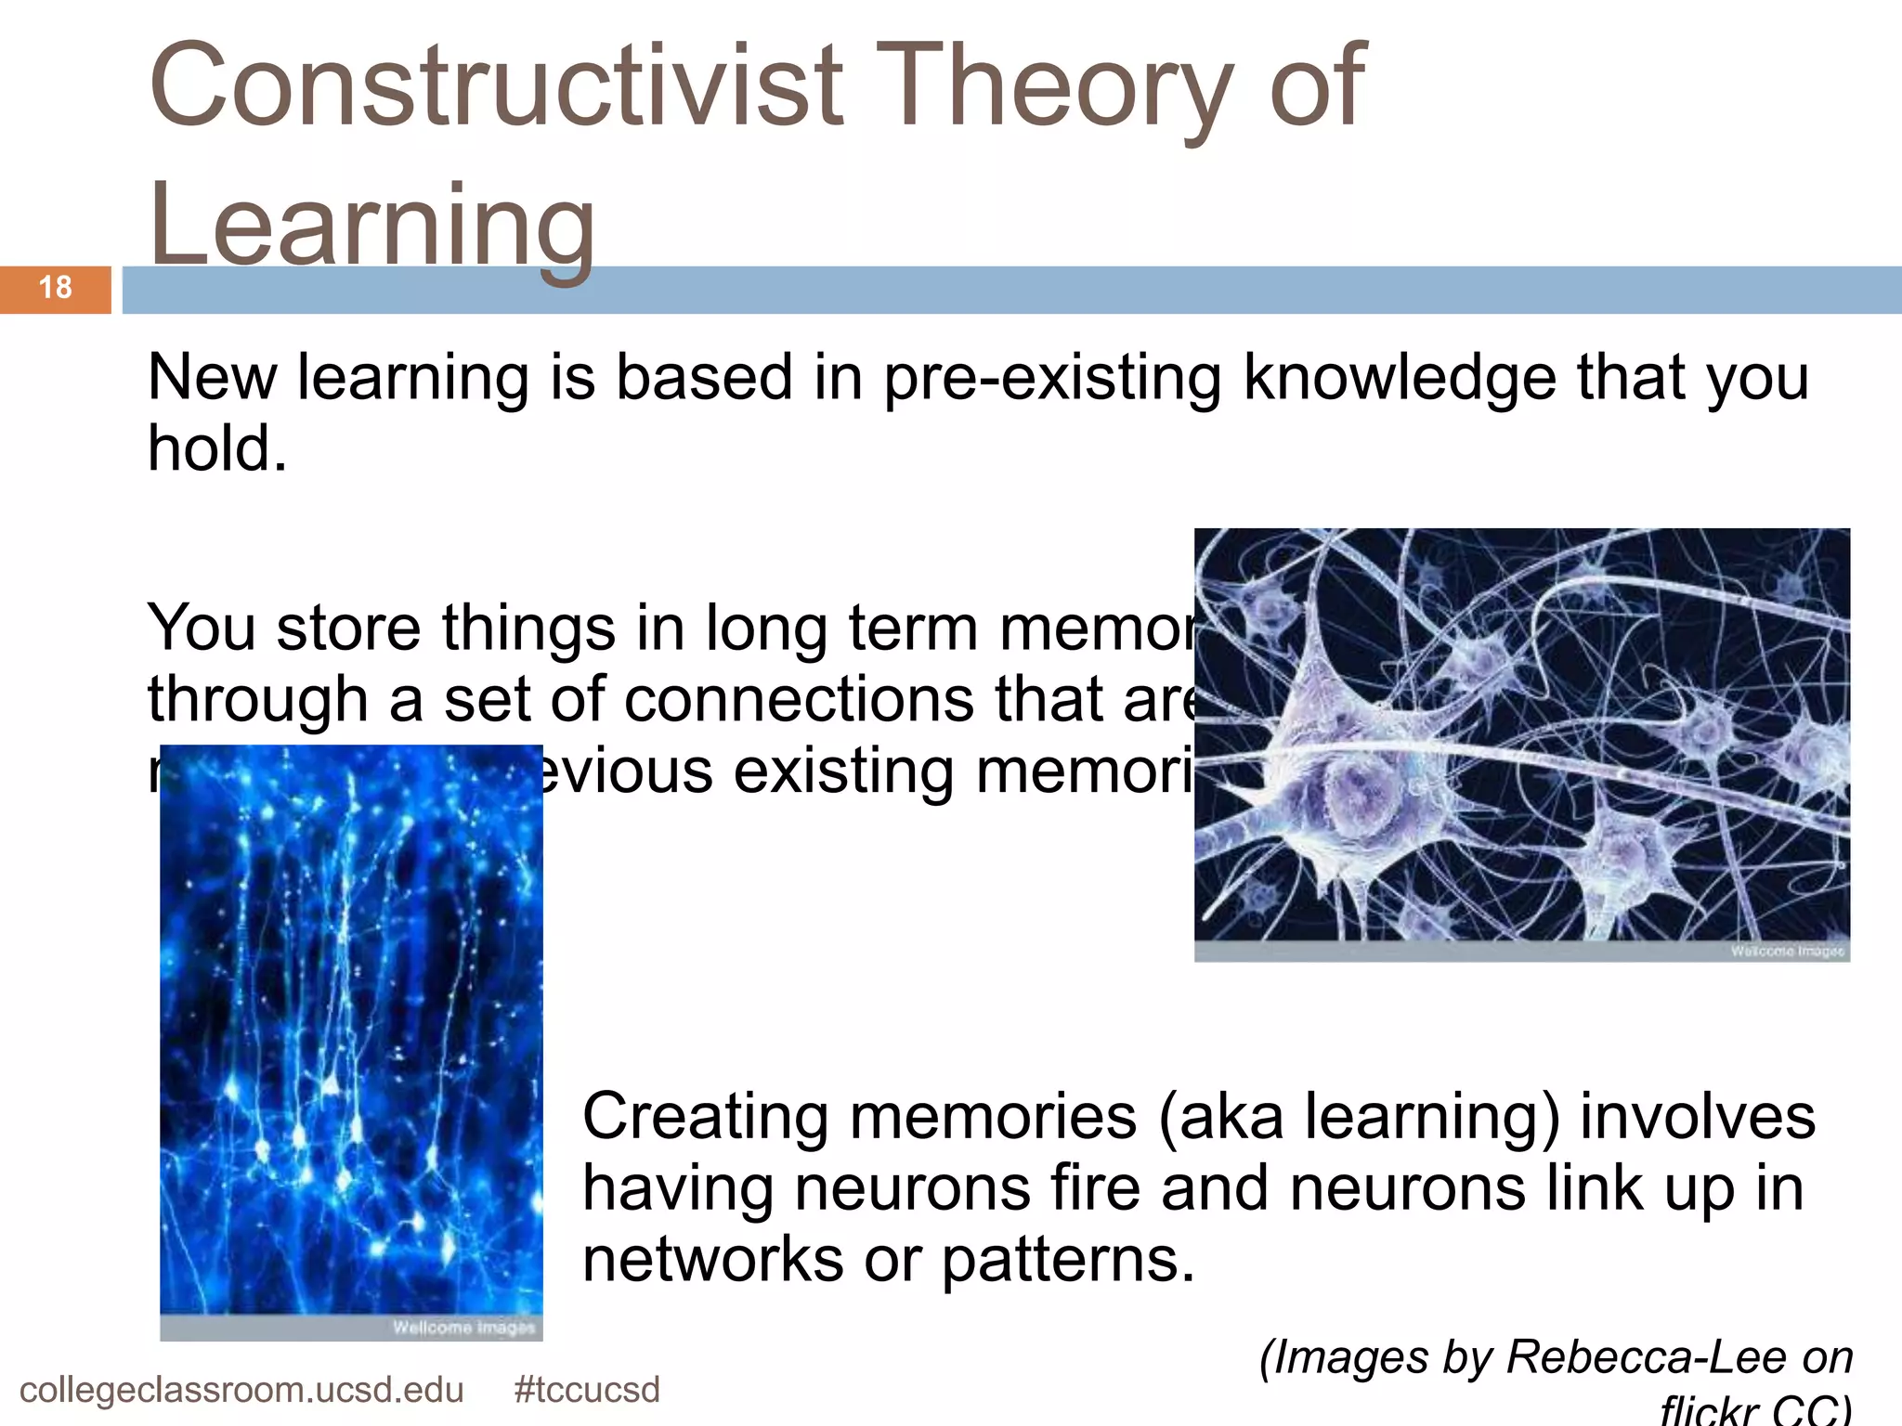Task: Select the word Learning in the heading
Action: (371, 225)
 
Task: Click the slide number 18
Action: (56, 288)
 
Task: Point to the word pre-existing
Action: (1051, 379)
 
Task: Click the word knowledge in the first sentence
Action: (1400, 379)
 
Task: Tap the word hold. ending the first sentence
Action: (217, 449)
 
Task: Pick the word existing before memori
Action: (843, 771)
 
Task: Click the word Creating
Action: (705, 1116)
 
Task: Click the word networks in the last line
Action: (712, 1261)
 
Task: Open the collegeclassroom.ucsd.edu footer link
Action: (241, 1391)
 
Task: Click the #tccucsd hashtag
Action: (587, 1391)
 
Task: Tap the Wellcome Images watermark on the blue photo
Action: (463, 1328)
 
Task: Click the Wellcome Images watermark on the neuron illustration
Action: (1787, 952)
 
